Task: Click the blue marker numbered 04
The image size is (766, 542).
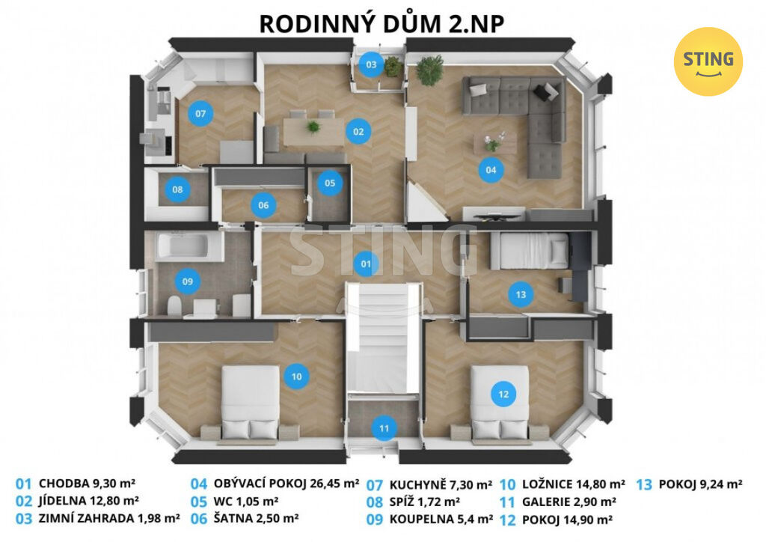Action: [x=491, y=170]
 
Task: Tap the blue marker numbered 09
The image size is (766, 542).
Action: [x=187, y=281]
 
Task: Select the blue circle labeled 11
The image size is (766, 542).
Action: [x=384, y=429]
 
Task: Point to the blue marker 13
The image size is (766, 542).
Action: [x=521, y=294]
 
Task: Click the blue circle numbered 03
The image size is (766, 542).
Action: [x=371, y=64]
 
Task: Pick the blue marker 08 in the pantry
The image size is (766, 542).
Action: [x=177, y=189]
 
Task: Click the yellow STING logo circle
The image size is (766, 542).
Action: [x=708, y=61]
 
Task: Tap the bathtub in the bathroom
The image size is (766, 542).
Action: [x=183, y=245]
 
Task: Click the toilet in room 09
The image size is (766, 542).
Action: [x=174, y=306]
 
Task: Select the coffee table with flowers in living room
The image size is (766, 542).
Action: [x=495, y=143]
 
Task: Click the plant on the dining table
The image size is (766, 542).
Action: [x=313, y=127]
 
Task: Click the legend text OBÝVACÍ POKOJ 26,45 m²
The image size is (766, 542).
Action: [x=287, y=484]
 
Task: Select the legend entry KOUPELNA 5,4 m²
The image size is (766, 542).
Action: [x=441, y=520]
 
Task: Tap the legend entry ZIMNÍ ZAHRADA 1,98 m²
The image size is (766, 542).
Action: [x=109, y=519]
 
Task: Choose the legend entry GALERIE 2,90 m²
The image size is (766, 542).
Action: [x=569, y=502]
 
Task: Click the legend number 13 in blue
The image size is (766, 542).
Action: [x=644, y=484]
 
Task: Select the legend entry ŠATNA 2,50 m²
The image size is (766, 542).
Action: [x=256, y=519]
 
